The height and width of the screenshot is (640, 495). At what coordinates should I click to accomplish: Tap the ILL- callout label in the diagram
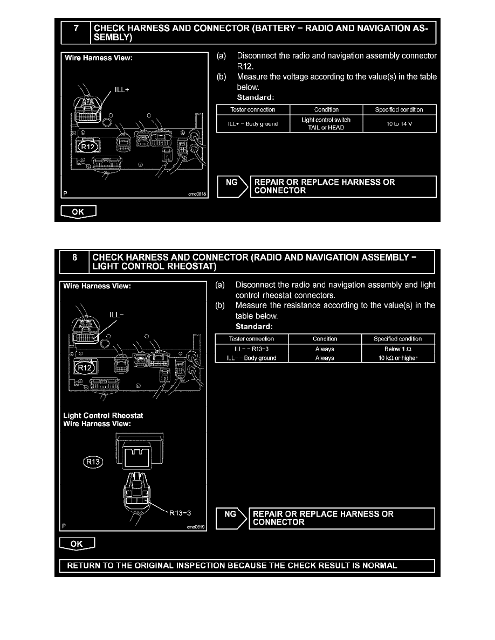(x=117, y=315)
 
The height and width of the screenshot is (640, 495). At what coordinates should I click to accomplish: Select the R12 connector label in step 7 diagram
(x=87, y=147)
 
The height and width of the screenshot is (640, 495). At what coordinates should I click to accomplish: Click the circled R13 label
(x=93, y=461)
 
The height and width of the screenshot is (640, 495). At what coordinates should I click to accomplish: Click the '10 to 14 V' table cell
(x=399, y=123)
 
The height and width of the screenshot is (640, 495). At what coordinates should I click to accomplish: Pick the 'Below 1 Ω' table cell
(x=398, y=349)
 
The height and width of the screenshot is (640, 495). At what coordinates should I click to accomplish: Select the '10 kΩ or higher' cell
(x=398, y=358)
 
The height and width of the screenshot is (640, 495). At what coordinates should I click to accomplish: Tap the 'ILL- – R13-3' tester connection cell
(x=252, y=349)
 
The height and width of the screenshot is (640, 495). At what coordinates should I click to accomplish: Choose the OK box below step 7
(x=78, y=212)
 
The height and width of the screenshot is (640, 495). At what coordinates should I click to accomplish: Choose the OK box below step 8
(x=77, y=544)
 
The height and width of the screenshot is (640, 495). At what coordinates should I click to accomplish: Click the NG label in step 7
(x=231, y=183)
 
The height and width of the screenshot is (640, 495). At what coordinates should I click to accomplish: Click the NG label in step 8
(x=230, y=514)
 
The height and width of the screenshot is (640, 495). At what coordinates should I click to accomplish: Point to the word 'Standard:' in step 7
(x=256, y=98)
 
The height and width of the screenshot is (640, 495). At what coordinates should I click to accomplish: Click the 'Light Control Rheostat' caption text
(x=104, y=415)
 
